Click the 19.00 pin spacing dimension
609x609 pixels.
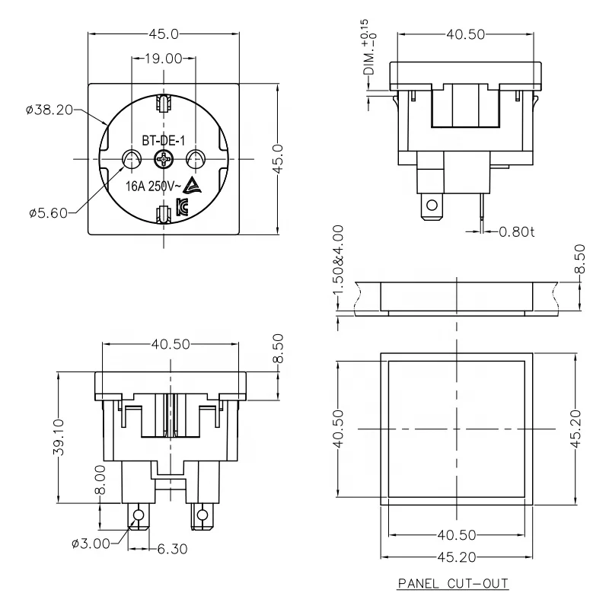pos(164,58)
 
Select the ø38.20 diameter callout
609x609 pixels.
pos(49,110)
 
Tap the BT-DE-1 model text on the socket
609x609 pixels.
pos(164,140)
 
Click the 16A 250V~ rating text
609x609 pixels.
pos(152,185)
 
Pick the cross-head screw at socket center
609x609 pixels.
pos(164,159)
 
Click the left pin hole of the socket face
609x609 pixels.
pos(132,159)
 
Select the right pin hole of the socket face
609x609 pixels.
pos(196,159)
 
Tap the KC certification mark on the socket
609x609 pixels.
pos(182,206)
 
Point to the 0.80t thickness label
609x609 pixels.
pos(518,231)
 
